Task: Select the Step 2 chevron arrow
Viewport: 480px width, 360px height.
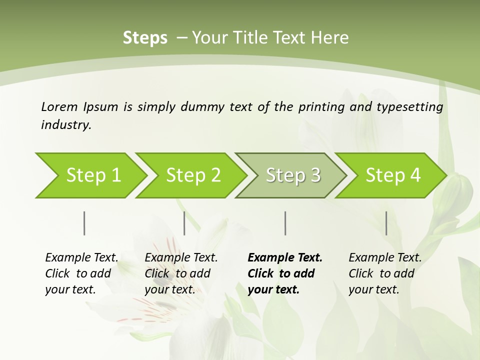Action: (190, 175)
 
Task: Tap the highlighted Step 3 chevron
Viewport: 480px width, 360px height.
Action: (290, 175)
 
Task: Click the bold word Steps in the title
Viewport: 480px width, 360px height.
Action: (145, 38)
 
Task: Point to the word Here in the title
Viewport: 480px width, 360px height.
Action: (329, 38)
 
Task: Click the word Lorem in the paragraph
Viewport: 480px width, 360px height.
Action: (59, 106)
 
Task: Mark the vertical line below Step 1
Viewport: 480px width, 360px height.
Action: (84, 223)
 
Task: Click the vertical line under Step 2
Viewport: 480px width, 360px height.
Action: (184, 223)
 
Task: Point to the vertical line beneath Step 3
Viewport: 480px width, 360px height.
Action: (285, 223)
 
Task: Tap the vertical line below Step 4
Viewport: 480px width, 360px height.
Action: (386, 223)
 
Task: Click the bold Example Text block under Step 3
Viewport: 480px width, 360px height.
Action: (285, 273)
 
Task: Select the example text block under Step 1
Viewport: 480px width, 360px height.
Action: (81, 273)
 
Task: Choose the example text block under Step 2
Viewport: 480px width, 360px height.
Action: (181, 273)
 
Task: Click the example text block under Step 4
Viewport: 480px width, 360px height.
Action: (385, 273)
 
